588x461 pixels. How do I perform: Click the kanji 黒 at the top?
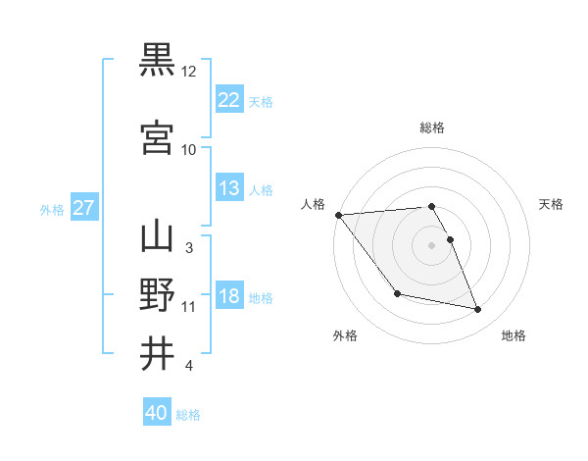tap(157, 60)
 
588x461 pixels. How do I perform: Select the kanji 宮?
tap(157, 138)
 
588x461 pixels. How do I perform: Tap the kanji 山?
tap(157, 236)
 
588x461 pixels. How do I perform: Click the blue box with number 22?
tap(229, 100)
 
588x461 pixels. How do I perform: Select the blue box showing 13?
tap(229, 188)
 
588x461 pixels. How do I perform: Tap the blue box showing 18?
tap(229, 296)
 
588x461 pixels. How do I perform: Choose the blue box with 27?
tap(84, 208)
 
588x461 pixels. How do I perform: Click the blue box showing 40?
tap(157, 414)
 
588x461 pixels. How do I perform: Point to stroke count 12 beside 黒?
tap(189, 72)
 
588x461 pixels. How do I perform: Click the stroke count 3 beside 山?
tap(189, 248)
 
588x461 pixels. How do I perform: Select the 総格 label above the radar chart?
tap(432, 128)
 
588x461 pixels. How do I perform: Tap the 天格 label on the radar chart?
tap(552, 204)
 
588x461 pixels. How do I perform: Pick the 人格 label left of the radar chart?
tap(313, 204)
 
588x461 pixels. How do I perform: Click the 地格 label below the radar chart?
tap(514, 335)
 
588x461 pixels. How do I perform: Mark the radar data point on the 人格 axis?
tap(338, 215)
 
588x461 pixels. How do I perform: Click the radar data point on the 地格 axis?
tap(478, 310)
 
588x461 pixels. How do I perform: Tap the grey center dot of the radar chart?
tap(432, 245)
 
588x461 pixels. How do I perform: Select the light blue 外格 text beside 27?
tap(52, 209)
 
